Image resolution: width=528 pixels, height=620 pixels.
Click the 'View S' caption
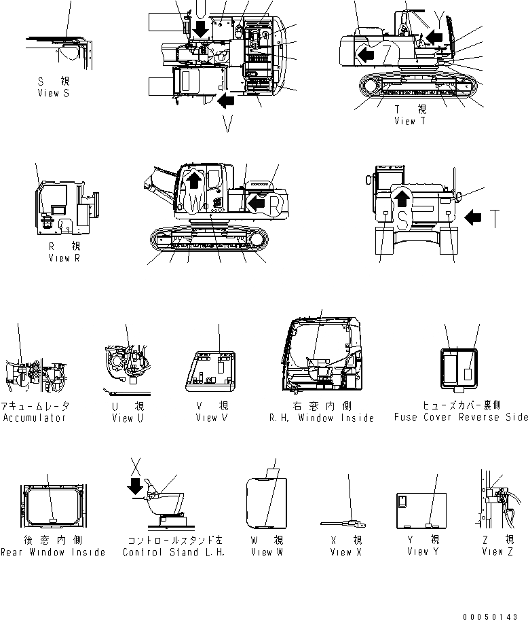[x=53, y=93]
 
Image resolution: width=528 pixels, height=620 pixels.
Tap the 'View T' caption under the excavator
[x=410, y=121]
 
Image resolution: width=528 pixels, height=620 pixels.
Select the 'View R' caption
[x=64, y=259]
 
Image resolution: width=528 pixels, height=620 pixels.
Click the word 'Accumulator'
[x=34, y=418]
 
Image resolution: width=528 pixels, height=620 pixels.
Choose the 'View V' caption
[x=216, y=418]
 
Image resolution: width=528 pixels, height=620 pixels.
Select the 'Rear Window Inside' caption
[x=53, y=552]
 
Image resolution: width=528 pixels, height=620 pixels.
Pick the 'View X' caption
[x=350, y=552]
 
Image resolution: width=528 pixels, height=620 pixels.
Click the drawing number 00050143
[x=495, y=616]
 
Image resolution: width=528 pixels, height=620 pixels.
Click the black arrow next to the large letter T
[x=476, y=218]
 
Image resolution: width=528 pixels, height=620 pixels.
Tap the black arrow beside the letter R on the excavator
[x=256, y=202]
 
